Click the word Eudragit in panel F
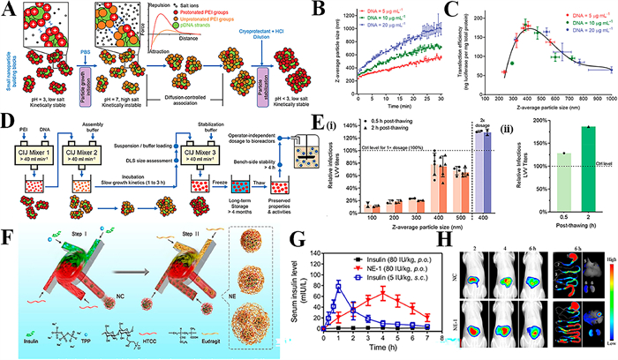226,350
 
